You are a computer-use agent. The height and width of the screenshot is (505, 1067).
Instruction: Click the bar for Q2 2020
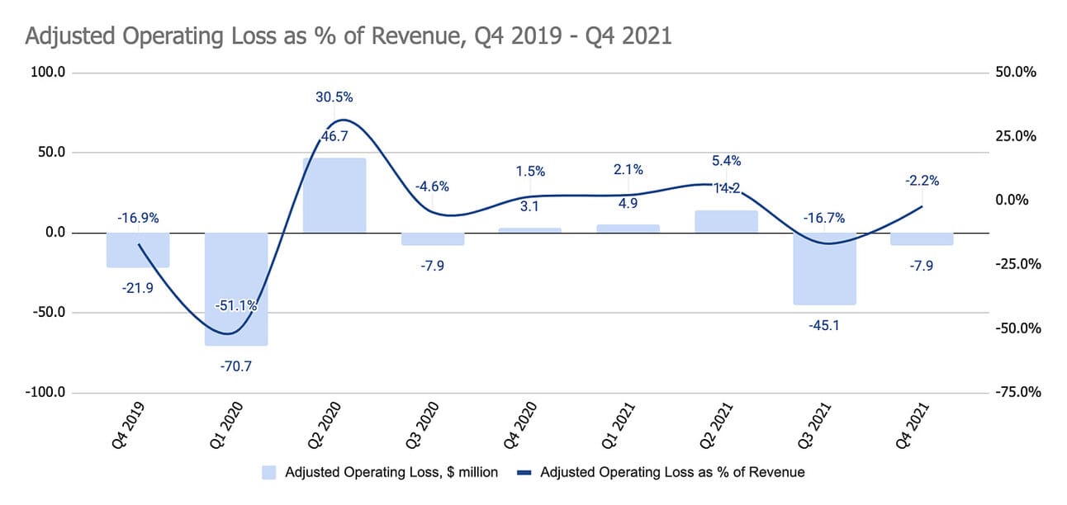[334, 195]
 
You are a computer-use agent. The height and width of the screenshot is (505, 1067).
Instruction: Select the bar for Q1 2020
[236, 289]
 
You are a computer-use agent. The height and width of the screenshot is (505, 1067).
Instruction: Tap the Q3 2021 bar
[825, 268]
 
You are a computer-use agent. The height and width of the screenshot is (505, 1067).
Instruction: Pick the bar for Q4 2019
[138, 249]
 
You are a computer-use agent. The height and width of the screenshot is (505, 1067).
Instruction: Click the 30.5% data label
[334, 97]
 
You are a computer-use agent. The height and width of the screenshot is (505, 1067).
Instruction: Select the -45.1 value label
[825, 324]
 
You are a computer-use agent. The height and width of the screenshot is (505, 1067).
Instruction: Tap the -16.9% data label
[138, 219]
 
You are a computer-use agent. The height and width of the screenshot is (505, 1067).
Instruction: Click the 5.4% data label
[727, 161]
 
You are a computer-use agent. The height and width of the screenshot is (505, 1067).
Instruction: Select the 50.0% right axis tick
[1017, 73]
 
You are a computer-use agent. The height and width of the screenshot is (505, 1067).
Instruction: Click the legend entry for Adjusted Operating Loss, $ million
[380, 473]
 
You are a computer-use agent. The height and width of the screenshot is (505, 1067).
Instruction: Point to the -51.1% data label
[236, 305]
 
